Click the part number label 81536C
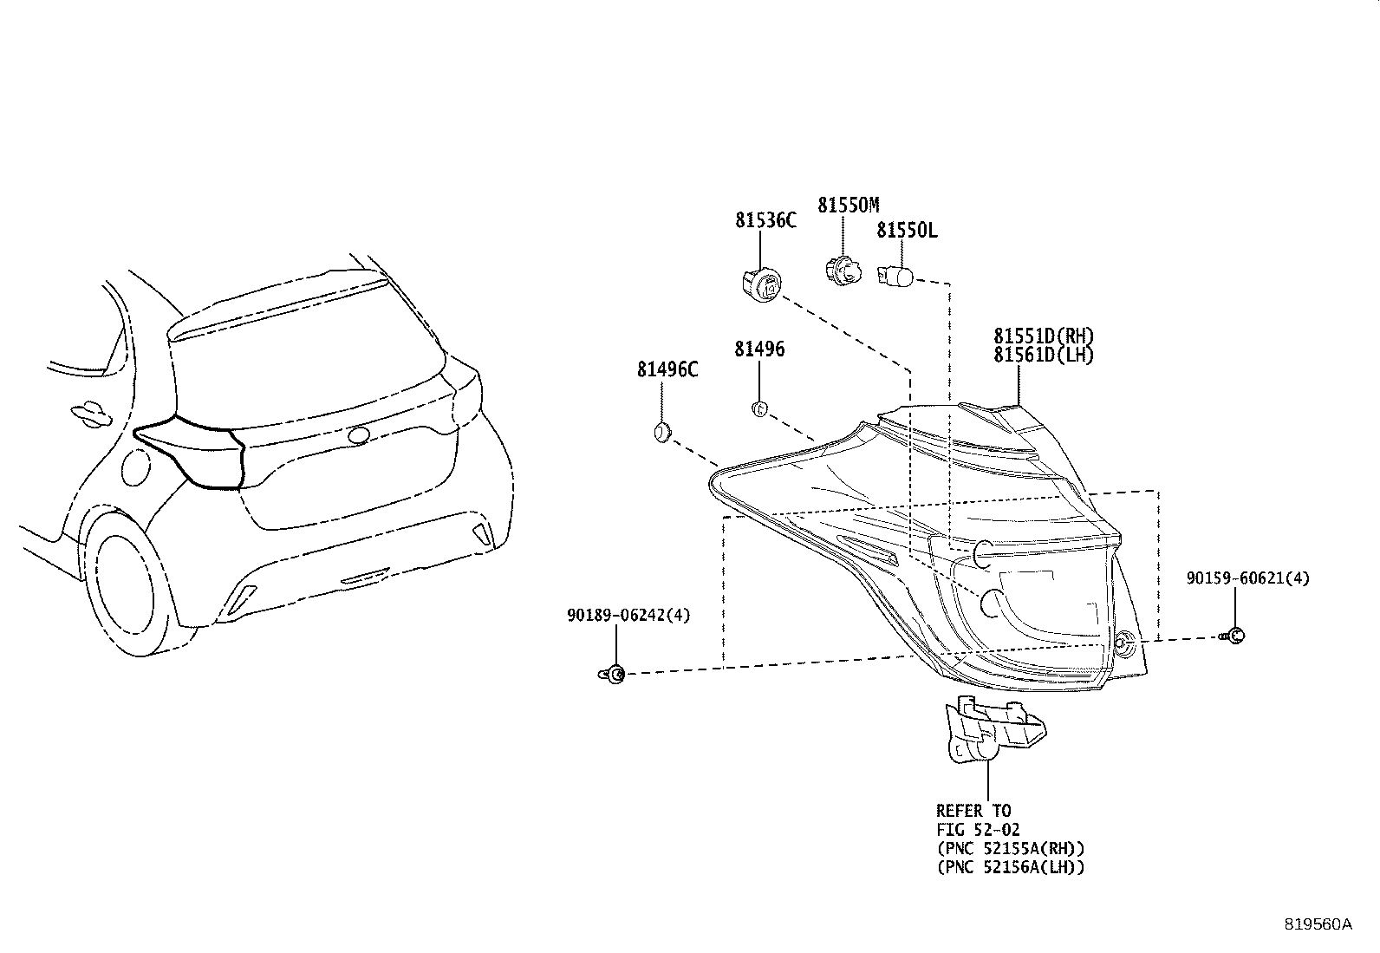765,220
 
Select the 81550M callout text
849,206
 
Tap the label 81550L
907,231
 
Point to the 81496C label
667,370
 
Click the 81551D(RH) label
1044,336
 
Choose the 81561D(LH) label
1044,355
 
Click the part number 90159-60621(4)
1248,578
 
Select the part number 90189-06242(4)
629,615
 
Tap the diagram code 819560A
1318,924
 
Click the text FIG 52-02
979,830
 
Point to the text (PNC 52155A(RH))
1011,849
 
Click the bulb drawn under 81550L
895,276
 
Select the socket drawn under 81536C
762,285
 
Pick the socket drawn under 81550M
843,271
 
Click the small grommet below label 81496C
662,433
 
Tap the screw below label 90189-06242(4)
612,675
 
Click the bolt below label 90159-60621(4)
1233,636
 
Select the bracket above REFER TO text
996,730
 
